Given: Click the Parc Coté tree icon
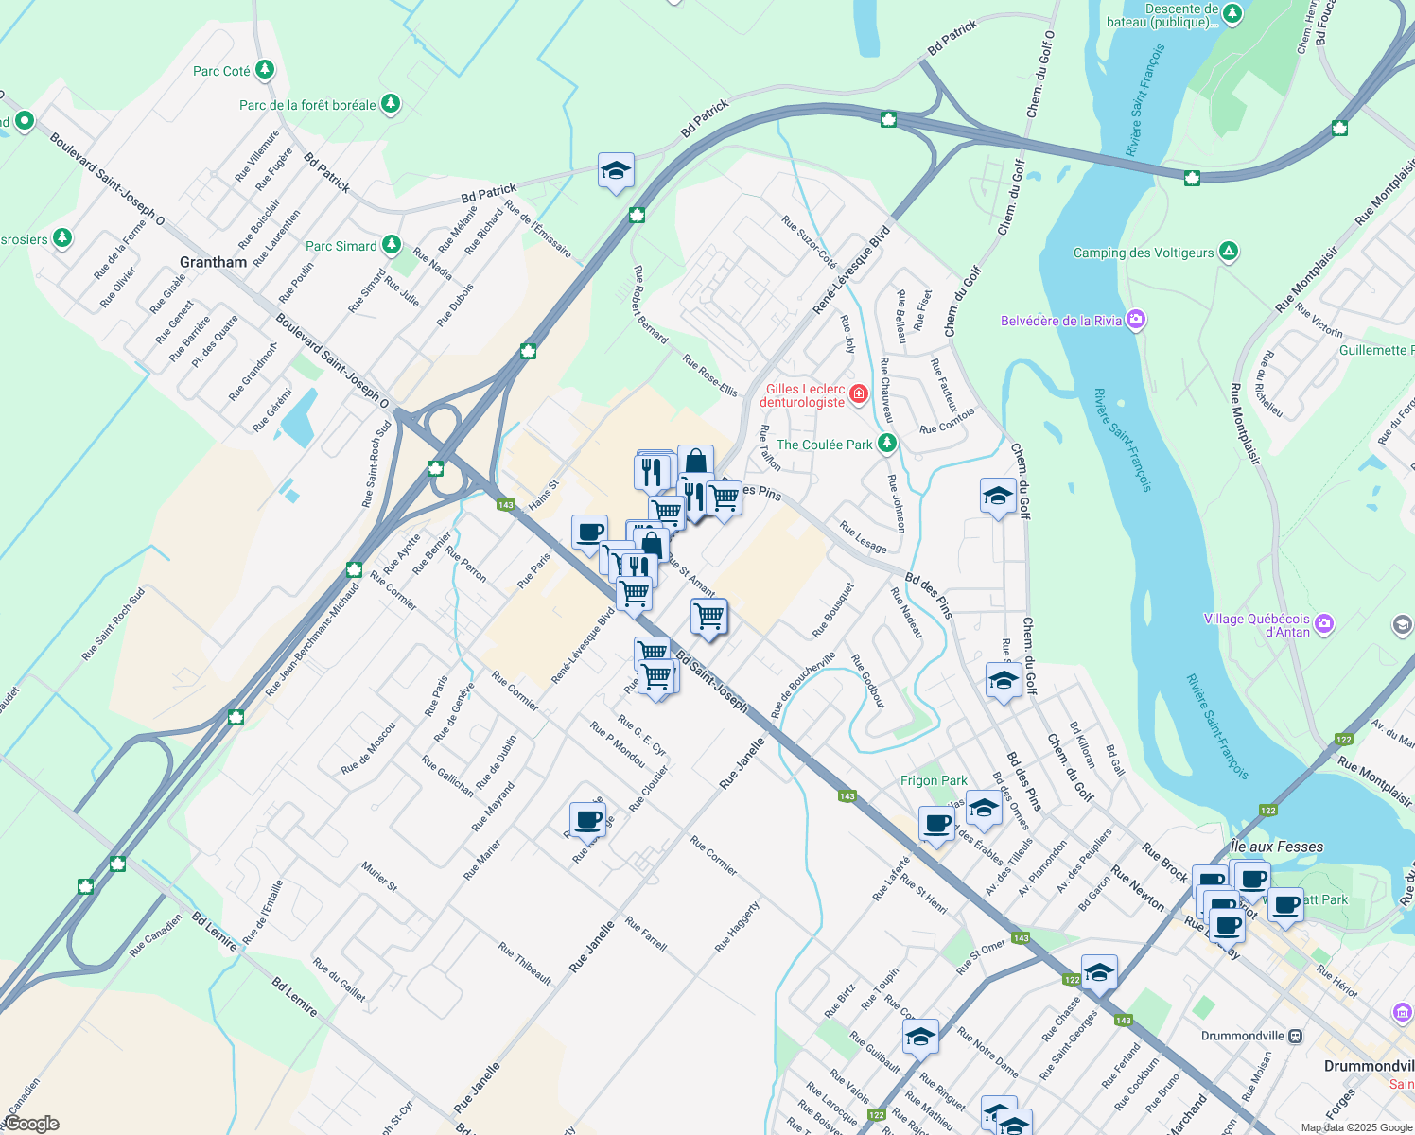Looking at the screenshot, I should click(265, 70).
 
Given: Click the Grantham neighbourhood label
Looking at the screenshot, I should click(213, 262).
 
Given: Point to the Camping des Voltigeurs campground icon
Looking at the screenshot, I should click(1228, 252).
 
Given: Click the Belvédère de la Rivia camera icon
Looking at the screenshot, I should click(1136, 321).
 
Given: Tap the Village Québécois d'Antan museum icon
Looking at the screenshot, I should click(1324, 623).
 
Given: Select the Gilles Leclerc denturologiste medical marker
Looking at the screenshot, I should click(859, 393).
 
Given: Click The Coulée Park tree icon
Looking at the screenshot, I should click(886, 443).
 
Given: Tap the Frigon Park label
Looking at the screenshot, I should click(934, 780).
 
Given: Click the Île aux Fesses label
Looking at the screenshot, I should click(1277, 847).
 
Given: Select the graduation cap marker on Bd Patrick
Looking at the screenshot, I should click(616, 171).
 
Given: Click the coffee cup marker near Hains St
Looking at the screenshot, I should click(589, 532).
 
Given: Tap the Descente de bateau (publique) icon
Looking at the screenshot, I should click(1232, 13).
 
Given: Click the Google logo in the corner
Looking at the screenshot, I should click(31, 1124).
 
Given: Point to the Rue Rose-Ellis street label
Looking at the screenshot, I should click(709, 376).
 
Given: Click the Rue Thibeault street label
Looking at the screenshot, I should click(525, 963).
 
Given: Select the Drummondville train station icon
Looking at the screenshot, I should click(1296, 1036).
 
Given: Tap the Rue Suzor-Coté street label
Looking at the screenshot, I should click(809, 241).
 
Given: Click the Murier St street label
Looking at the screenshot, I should click(379, 877).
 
